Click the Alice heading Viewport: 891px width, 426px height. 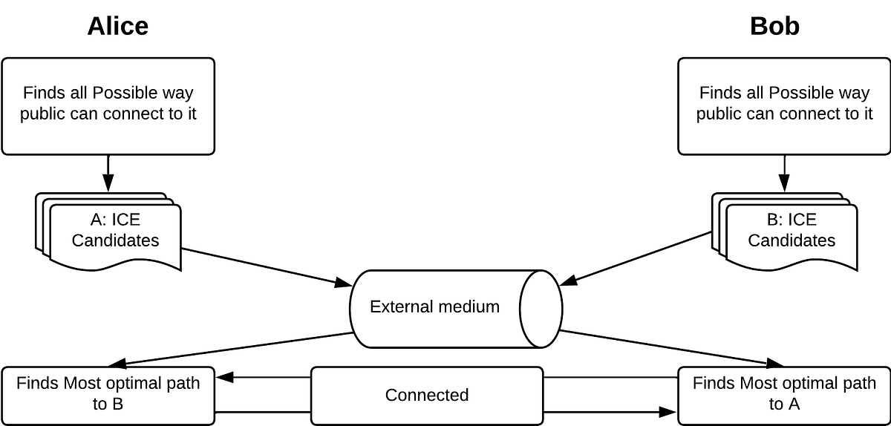117,26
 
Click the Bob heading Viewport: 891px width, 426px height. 774,26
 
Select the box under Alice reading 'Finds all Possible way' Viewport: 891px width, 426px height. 108,105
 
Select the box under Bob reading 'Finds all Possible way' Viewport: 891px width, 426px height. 784,105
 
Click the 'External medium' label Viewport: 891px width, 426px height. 434,307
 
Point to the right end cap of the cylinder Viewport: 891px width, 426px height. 541,308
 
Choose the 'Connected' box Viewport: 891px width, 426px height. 427,395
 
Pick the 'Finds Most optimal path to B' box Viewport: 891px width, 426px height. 108,395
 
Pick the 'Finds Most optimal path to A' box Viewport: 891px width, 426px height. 784,395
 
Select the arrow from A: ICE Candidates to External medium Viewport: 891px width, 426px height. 267,266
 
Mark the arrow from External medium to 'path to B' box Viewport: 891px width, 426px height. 230,349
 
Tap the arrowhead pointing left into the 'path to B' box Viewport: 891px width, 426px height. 225,378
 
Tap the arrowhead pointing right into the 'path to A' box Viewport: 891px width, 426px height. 668,411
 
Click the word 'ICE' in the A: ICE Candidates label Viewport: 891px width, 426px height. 125,220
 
